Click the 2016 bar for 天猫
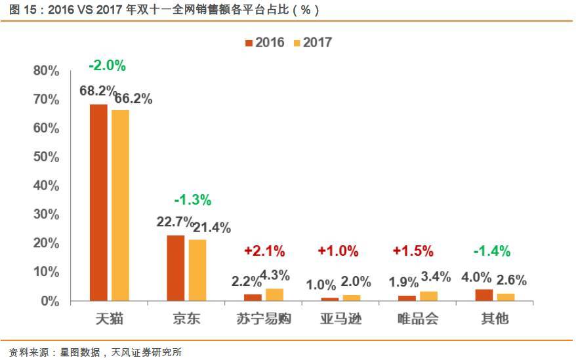tap(98, 203)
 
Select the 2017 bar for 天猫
tap(121, 205)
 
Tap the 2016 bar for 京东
tap(176, 268)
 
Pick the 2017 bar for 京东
tap(197, 270)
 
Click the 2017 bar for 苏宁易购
tap(274, 294)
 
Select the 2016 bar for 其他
tap(483, 295)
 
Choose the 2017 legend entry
tap(312, 43)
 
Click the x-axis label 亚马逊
tap(340, 319)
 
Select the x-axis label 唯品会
tap(417, 319)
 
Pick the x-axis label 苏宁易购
tap(263, 319)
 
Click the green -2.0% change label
tap(107, 66)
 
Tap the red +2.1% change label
tap(264, 250)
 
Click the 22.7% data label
tap(175, 222)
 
